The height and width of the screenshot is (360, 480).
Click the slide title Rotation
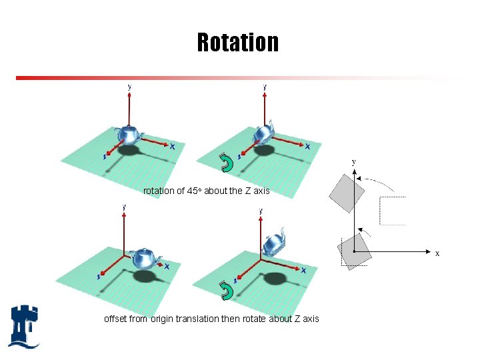tap(238, 43)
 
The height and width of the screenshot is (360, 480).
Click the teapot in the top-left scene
tap(128, 135)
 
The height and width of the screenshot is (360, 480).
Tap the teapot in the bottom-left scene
tap(146, 257)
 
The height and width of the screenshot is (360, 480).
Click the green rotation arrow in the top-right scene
tap(227, 163)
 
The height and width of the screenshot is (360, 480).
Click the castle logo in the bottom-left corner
tap(25, 326)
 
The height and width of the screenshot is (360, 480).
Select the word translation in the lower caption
tap(197, 319)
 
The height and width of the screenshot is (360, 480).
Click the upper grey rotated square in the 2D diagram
tap(347, 193)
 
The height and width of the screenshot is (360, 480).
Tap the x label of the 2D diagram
tap(437, 253)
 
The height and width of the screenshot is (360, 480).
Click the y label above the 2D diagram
tap(353, 161)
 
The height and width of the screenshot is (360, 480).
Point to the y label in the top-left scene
tap(129, 86)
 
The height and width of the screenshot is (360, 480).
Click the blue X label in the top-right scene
tap(307, 146)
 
